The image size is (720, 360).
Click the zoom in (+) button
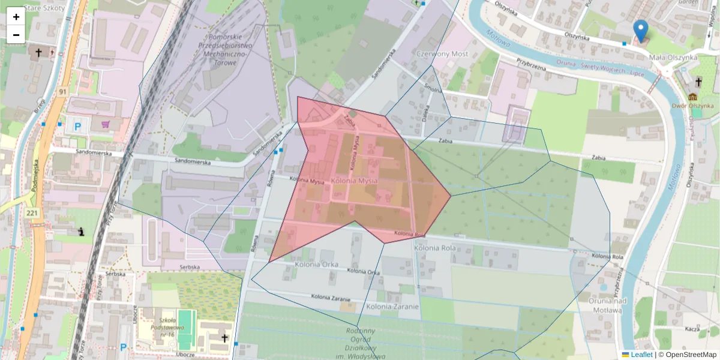click(16, 17)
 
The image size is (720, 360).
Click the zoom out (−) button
click(16, 35)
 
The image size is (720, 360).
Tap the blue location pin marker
click(641, 30)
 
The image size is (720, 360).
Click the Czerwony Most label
click(442, 53)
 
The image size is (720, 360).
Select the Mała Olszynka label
click(673, 58)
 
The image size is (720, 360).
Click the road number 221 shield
click(32, 212)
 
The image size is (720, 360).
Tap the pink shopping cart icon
click(106, 125)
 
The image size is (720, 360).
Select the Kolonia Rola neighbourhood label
click(434, 247)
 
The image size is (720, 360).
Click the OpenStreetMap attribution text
click(691, 355)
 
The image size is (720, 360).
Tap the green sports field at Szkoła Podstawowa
click(187, 329)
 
